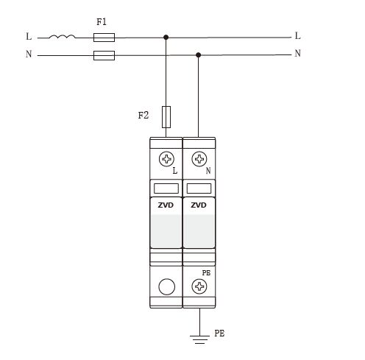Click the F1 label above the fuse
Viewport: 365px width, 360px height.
[x=102, y=22]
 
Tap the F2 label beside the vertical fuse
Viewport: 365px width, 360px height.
[x=143, y=115]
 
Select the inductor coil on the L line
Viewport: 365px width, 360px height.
[x=62, y=37]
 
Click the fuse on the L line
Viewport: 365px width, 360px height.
[x=104, y=38]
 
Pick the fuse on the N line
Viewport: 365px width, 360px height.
[x=104, y=55]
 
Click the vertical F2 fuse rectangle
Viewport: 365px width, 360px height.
[x=166, y=117]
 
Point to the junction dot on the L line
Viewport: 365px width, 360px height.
[x=166, y=38]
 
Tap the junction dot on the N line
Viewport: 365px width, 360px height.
[x=199, y=55]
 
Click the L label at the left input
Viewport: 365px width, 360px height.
[x=29, y=36]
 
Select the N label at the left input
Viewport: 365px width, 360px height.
[x=29, y=54]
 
